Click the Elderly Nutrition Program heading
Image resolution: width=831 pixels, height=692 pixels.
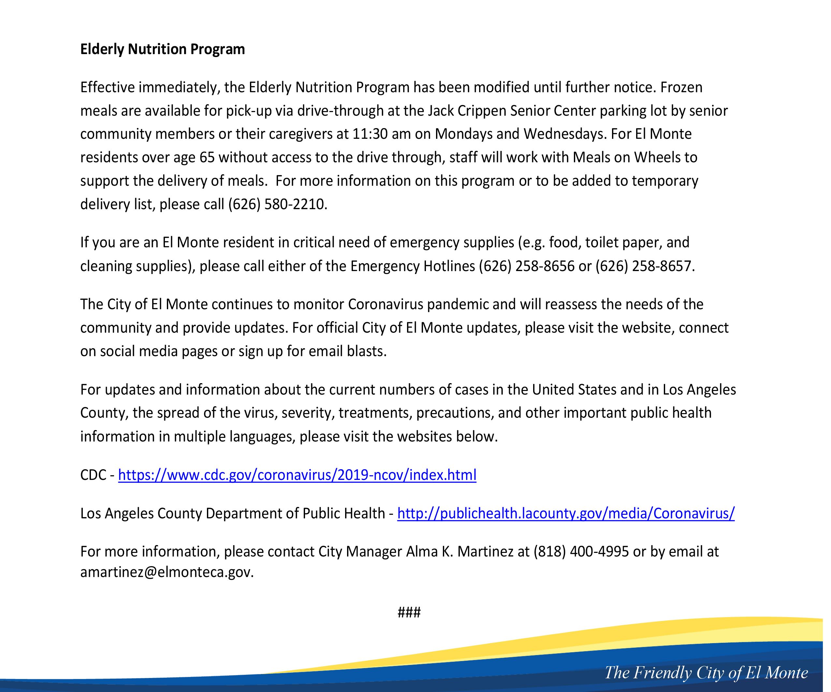click(x=162, y=50)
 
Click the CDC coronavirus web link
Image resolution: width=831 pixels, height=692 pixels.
click(x=297, y=475)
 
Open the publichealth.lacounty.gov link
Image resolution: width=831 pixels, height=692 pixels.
click(x=566, y=513)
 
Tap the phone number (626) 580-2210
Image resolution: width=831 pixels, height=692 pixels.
click(x=277, y=204)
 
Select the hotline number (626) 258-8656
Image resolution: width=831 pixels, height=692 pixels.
click(x=526, y=266)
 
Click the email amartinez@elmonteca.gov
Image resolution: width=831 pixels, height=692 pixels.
click(x=166, y=572)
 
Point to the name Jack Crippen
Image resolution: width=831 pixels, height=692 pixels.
click(x=467, y=111)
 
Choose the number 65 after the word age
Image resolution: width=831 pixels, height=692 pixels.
click(x=207, y=157)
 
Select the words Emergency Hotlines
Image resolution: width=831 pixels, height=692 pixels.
click(x=413, y=266)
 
